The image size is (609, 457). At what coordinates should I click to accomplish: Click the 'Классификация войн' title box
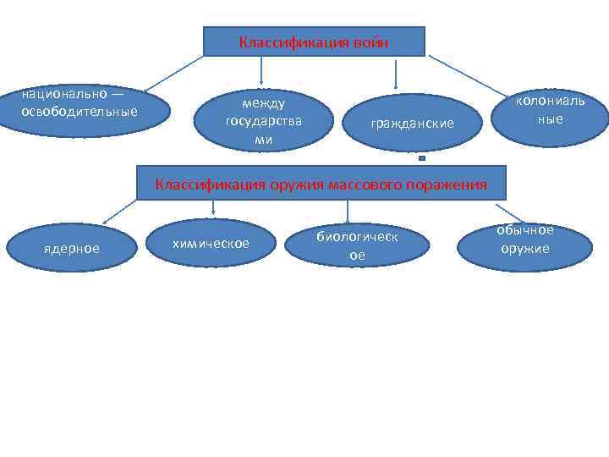[314, 41]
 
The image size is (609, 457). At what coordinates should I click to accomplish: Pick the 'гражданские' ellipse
[411, 124]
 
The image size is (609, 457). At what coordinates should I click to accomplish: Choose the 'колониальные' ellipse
[550, 111]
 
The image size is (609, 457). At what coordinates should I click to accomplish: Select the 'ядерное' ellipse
[71, 248]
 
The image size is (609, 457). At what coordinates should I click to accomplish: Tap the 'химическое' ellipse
[211, 244]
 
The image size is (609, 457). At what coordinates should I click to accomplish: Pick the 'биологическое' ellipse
[357, 245]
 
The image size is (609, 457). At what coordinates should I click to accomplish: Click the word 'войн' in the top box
[371, 42]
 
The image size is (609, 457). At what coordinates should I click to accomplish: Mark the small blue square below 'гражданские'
[421, 158]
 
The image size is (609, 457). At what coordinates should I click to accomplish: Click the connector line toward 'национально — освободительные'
[173, 72]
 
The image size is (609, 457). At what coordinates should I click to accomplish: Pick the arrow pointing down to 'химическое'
[212, 208]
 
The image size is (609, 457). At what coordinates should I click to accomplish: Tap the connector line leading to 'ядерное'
[120, 211]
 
